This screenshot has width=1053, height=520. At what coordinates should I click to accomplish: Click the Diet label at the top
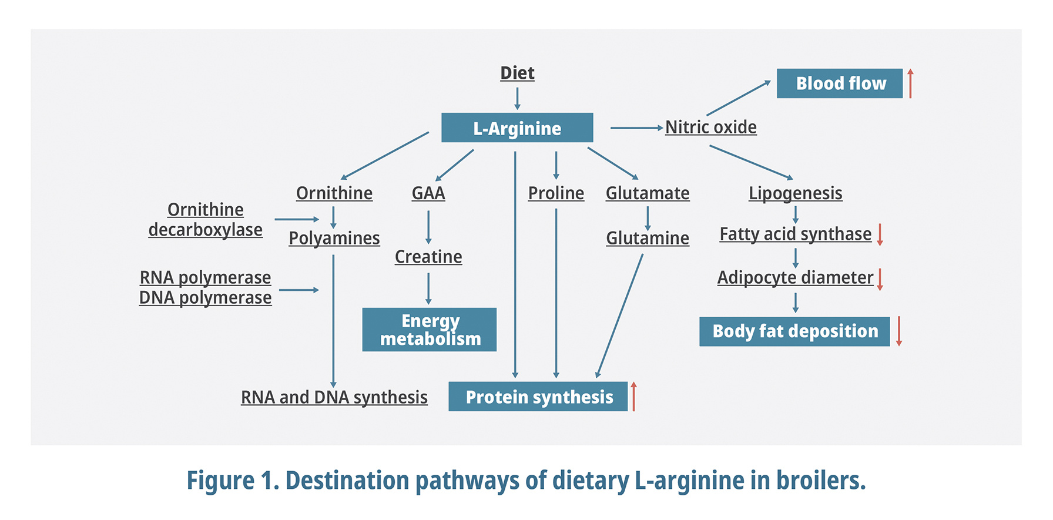pyautogui.click(x=517, y=73)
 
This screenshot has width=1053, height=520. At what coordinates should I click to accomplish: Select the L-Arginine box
pyautogui.click(x=517, y=128)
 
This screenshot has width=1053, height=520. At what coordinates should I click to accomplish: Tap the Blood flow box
pyautogui.click(x=840, y=83)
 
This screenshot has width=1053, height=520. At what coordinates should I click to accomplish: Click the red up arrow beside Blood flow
pyautogui.click(x=910, y=83)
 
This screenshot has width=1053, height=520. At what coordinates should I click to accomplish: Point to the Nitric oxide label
pyautogui.click(x=710, y=127)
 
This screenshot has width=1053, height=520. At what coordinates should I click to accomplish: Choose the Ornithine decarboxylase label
pyautogui.click(x=205, y=220)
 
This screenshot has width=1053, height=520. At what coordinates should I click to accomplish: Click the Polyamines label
pyautogui.click(x=334, y=238)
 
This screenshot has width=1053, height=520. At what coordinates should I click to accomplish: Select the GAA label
pyautogui.click(x=428, y=193)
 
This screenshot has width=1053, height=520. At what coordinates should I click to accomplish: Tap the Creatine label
pyautogui.click(x=428, y=257)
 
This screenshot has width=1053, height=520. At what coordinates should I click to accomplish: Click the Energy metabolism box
pyautogui.click(x=430, y=330)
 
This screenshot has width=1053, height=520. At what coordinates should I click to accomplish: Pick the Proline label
pyautogui.click(x=556, y=193)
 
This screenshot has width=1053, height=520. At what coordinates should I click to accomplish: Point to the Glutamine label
pyautogui.click(x=648, y=238)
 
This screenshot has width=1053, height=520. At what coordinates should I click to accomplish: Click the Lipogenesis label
pyautogui.click(x=795, y=193)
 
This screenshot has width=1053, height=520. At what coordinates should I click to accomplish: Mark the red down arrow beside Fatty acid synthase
pyautogui.click(x=880, y=234)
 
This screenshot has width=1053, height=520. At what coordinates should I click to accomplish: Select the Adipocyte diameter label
pyautogui.click(x=795, y=277)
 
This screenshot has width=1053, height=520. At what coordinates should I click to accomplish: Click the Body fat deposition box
pyautogui.click(x=794, y=331)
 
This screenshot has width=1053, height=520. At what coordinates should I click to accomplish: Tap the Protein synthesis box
pyautogui.click(x=538, y=397)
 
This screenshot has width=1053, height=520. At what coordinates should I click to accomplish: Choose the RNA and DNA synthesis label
pyautogui.click(x=334, y=397)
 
